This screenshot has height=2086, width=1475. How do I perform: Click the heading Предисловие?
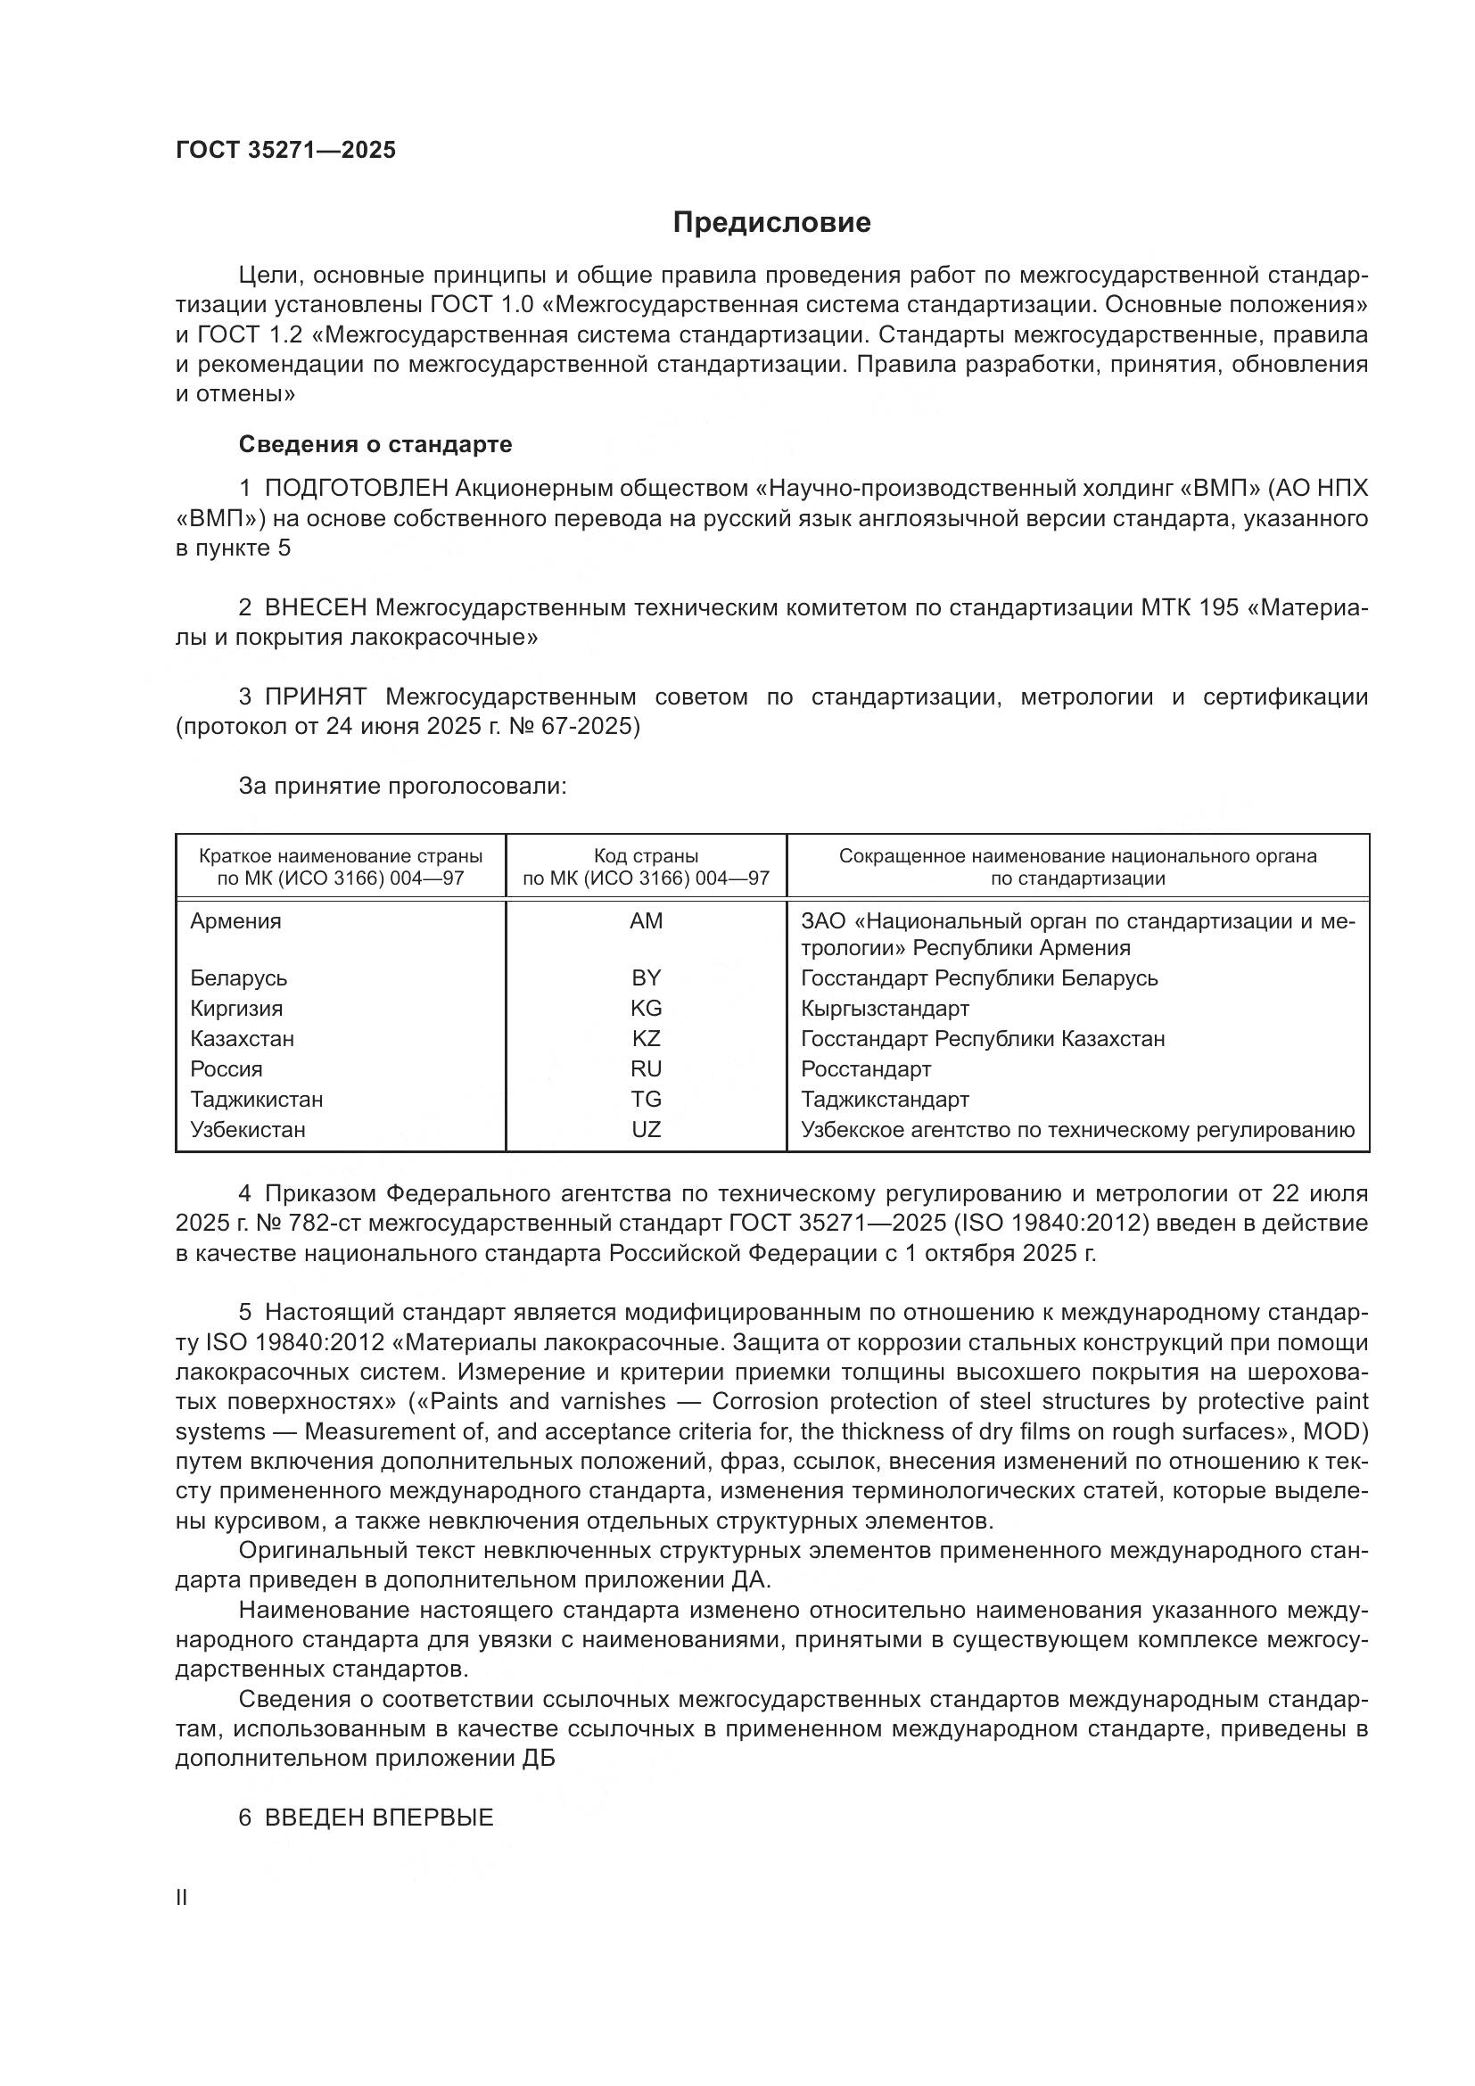[x=771, y=223]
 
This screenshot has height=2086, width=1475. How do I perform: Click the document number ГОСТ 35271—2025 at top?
[x=285, y=150]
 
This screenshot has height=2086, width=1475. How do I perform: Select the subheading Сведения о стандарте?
[x=375, y=444]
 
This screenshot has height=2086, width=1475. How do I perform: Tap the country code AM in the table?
[x=646, y=921]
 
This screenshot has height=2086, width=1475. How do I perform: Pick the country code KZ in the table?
[x=646, y=1038]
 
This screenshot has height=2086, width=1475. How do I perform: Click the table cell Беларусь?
[x=239, y=978]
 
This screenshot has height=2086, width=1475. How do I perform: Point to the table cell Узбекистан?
[x=247, y=1129]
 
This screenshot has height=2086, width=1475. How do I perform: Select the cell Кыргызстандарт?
[x=885, y=1009]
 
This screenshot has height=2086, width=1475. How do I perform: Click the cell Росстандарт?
[x=866, y=1069]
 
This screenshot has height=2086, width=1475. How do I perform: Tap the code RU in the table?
[x=646, y=1069]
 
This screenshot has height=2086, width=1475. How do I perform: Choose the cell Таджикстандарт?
[x=885, y=1100]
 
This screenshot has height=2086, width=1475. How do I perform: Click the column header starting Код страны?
[x=646, y=867]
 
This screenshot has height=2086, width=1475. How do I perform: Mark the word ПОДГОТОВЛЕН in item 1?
[x=356, y=489]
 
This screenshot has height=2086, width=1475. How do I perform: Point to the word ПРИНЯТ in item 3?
[x=315, y=697]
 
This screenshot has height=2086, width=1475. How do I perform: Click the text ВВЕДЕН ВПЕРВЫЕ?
[x=379, y=1818]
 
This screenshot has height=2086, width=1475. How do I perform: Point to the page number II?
[x=182, y=1899]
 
